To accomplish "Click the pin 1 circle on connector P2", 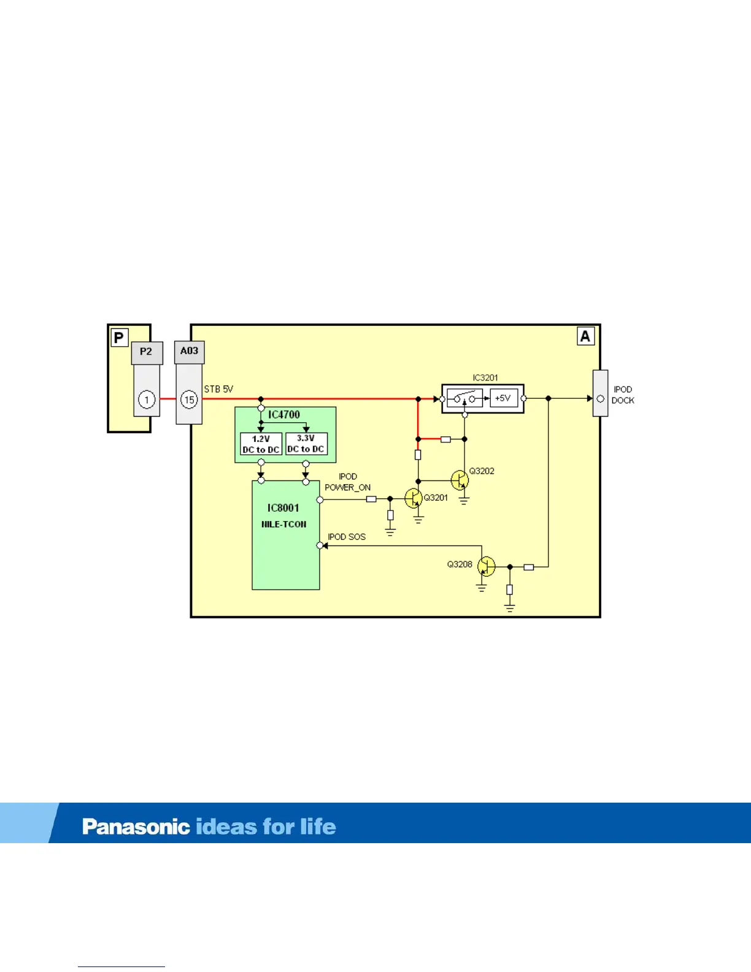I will (147, 399).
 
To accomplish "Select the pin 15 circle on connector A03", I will (189, 399).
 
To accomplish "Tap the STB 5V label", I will (218, 389).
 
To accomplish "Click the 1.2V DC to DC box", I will (261, 444).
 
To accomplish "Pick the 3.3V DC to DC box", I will (306, 444).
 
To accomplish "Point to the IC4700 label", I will (284, 415).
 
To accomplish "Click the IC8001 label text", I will (283, 508).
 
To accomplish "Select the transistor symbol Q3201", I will (414, 498).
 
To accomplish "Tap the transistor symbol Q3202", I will (460, 479).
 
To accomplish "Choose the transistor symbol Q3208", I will (486, 566).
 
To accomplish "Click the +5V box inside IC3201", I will (503, 398).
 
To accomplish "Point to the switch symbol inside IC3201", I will (464, 398).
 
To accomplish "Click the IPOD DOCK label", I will (623, 395).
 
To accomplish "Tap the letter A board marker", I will (585, 336).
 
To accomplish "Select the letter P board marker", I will (119, 337).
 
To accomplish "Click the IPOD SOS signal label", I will (347, 537).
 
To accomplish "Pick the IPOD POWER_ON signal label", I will (347, 482).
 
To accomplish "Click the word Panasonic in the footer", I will (136, 827).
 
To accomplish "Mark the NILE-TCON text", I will (283, 525).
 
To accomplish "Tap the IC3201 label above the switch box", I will (485, 378).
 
